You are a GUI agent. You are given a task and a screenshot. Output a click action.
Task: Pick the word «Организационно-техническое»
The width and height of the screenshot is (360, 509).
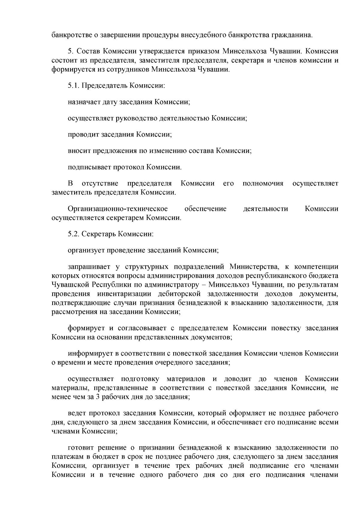pos(118,209)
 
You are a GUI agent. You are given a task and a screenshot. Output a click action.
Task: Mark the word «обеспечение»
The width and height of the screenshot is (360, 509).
pos(205,209)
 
